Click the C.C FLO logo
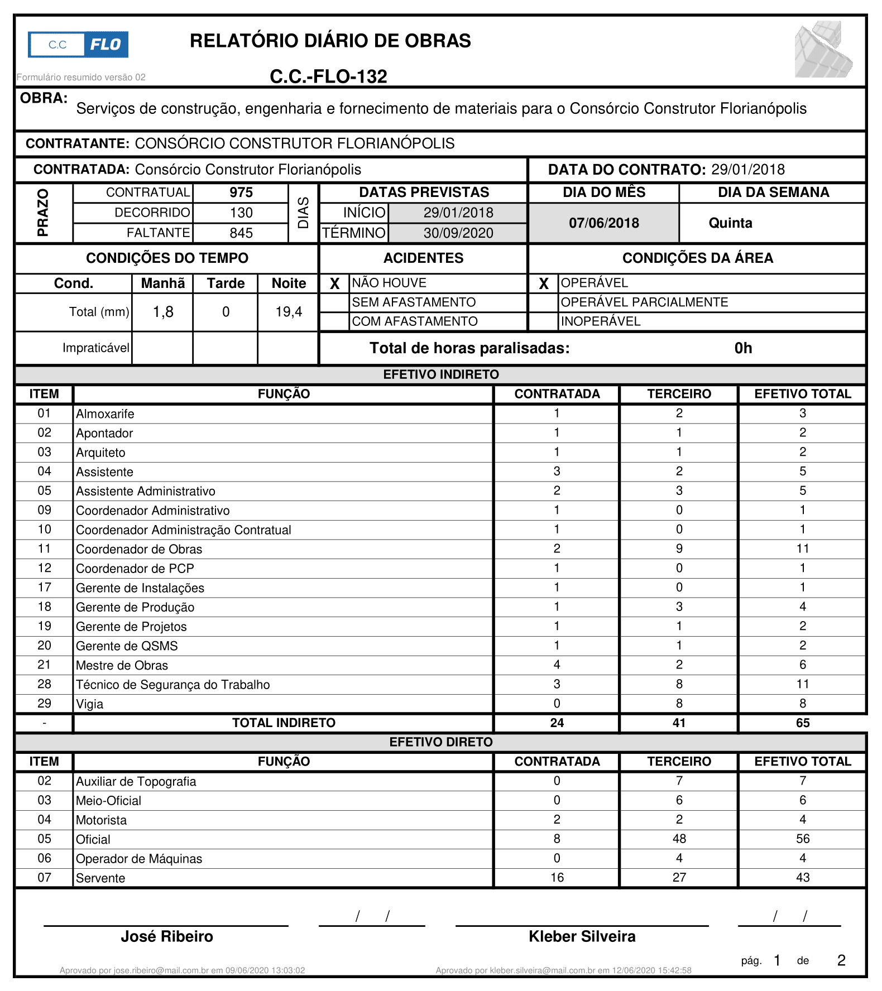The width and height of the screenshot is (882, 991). tap(78, 45)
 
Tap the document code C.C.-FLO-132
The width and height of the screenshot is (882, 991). tap(328, 76)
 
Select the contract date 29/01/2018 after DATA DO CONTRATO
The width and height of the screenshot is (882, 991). tap(748, 170)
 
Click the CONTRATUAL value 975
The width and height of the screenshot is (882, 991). tap(241, 193)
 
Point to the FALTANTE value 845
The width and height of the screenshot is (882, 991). tap(241, 233)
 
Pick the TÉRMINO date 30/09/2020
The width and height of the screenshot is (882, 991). tap(458, 233)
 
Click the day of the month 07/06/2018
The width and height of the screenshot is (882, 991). tap(604, 223)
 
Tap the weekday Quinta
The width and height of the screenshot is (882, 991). tap(730, 223)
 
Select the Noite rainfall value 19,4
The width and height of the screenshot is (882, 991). tap(289, 312)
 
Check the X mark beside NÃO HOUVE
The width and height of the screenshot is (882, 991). tap(335, 283)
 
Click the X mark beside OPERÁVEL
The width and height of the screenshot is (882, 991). tap(544, 283)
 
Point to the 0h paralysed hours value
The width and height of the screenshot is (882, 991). tap(743, 348)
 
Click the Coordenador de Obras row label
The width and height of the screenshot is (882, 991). tap(139, 549)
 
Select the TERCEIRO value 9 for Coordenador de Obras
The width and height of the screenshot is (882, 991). tap(679, 549)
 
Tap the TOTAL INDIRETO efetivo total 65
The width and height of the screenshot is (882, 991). tap(802, 723)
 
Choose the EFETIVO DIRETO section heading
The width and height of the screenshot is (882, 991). tap(441, 742)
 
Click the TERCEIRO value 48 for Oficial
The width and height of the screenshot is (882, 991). tap(679, 839)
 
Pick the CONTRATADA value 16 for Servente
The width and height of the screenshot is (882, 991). tap(557, 877)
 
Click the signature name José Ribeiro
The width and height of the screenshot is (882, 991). tap(167, 936)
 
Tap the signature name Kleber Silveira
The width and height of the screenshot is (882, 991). tap(582, 936)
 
